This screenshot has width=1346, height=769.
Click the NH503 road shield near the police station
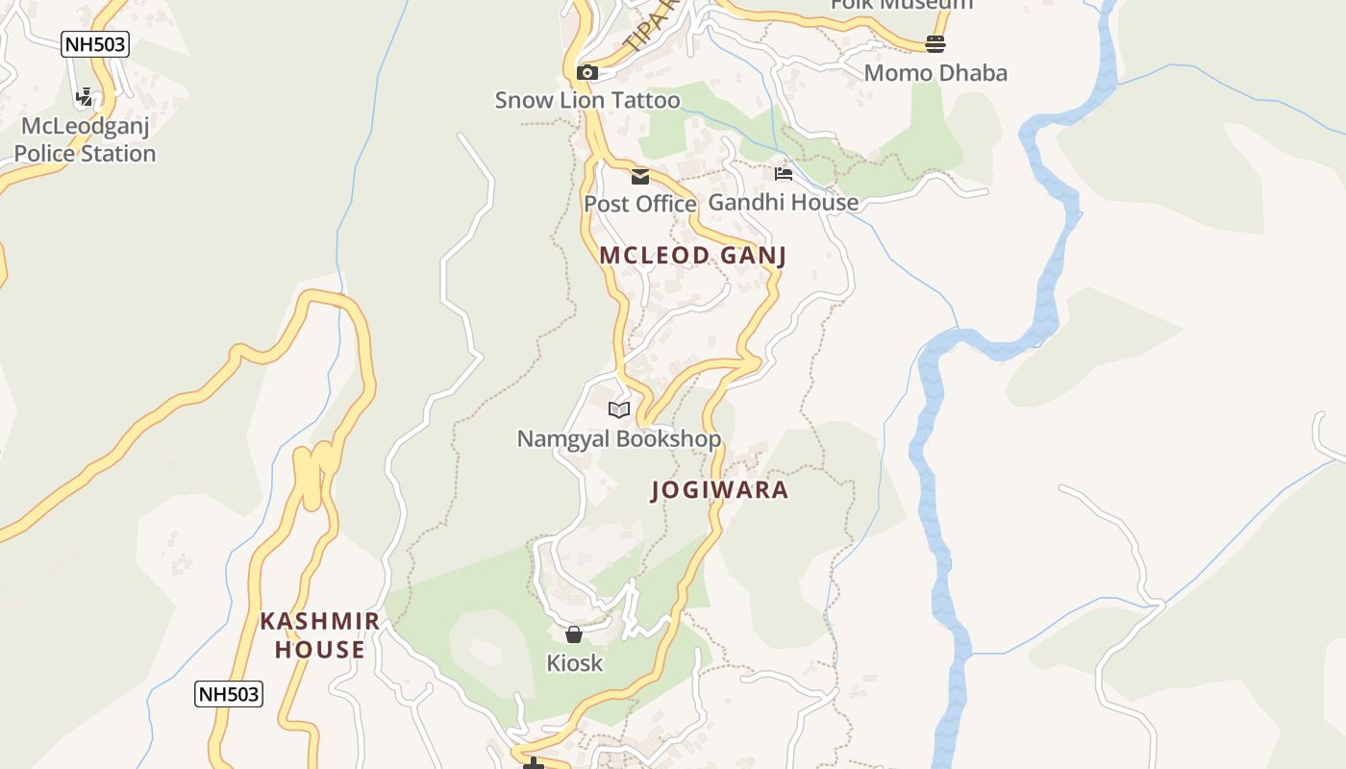click(x=94, y=44)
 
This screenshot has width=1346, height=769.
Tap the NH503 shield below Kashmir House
click(x=229, y=693)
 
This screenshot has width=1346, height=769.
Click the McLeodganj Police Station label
click(x=85, y=139)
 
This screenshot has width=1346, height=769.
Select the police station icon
click(x=85, y=97)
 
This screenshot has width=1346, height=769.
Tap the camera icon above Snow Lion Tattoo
click(x=586, y=72)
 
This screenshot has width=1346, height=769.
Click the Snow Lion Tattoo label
click(x=586, y=100)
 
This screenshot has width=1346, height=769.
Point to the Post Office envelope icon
click(x=640, y=176)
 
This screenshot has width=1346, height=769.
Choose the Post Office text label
click(x=640, y=204)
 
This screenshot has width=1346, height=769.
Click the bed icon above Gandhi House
click(x=784, y=174)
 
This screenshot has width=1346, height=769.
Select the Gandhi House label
click(x=784, y=202)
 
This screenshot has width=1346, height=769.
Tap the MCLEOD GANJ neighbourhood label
click(x=693, y=255)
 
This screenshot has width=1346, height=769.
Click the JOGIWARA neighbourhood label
click(x=720, y=490)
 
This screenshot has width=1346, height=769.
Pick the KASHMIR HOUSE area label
click(x=320, y=635)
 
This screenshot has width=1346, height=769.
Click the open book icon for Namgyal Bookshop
click(x=619, y=410)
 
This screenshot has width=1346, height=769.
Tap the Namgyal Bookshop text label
click(x=619, y=439)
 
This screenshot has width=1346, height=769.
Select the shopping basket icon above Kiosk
click(x=574, y=634)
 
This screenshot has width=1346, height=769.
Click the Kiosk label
click(x=574, y=662)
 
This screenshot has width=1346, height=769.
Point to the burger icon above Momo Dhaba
click(x=935, y=44)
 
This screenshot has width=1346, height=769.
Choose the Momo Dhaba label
click(x=935, y=73)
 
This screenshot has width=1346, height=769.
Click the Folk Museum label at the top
click(x=902, y=5)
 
